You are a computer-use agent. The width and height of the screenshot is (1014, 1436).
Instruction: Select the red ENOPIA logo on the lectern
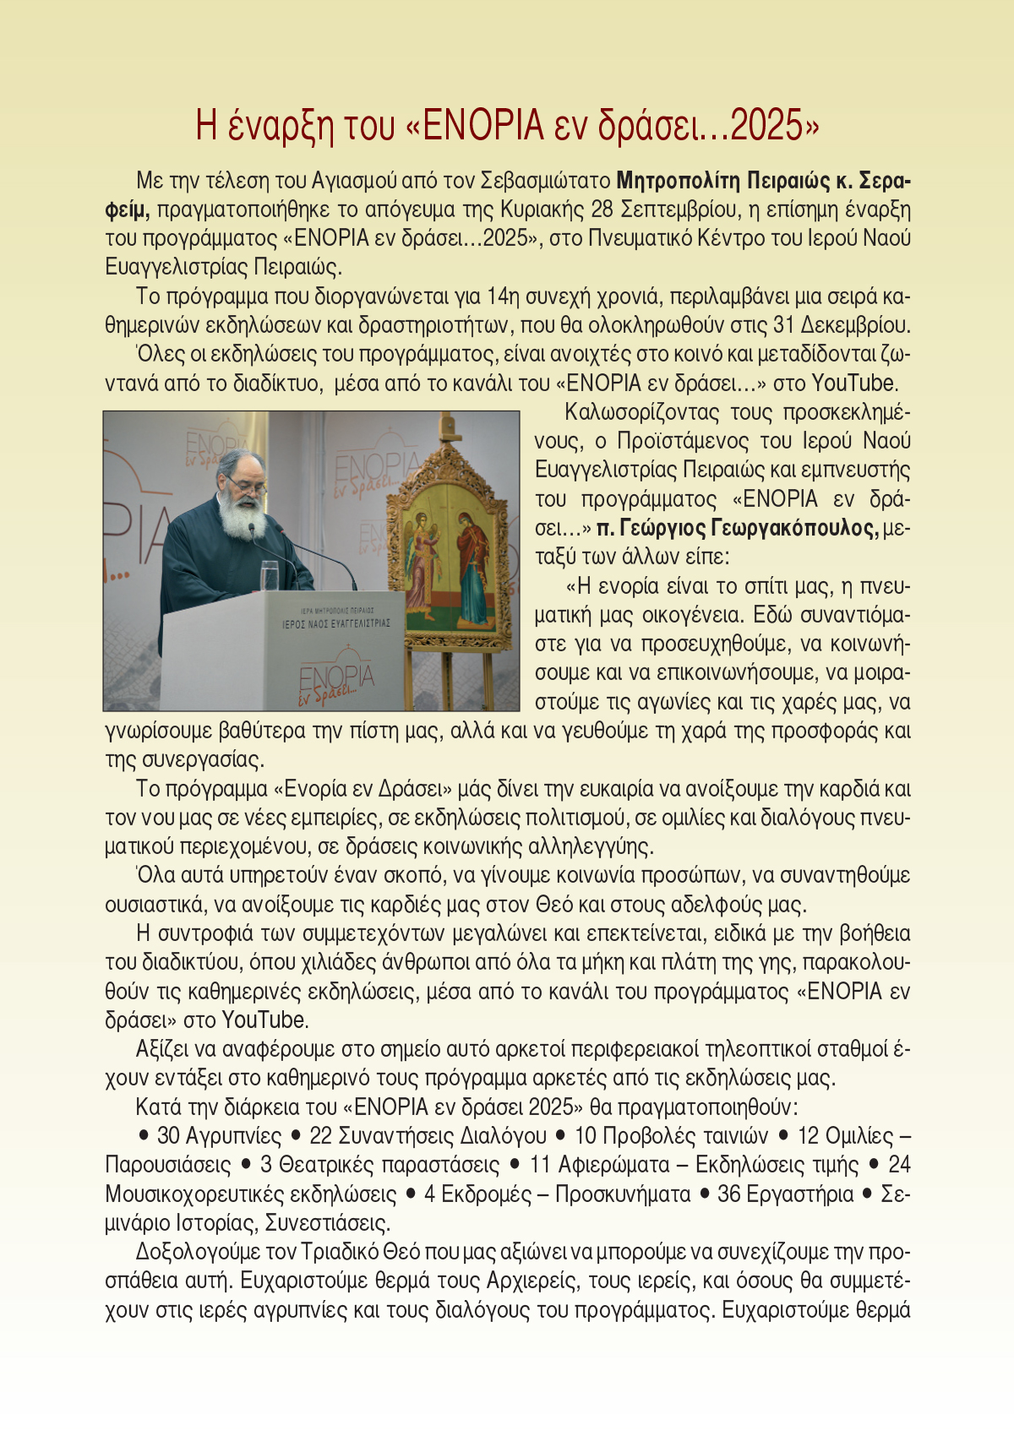click(336, 681)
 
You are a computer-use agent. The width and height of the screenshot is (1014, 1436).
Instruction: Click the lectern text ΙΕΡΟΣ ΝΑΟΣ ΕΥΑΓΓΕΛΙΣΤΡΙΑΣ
click(336, 623)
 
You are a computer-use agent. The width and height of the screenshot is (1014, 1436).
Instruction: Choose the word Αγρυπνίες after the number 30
click(233, 1136)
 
